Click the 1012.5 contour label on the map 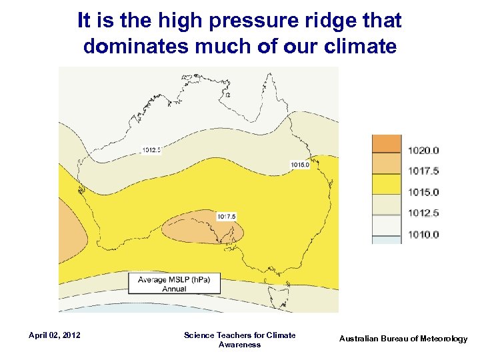(151, 150)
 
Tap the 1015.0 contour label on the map (300, 165)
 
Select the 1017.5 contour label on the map (227, 216)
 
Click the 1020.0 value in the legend (423, 150)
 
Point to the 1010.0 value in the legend (423, 235)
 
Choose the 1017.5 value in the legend (423, 171)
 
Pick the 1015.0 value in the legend (423, 193)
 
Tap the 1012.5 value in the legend (423, 213)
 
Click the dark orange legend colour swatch (386, 144)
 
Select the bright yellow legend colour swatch (386, 185)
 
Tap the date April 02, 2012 (55, 335)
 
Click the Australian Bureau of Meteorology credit (403, 339)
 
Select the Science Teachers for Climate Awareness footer (239, 339)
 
